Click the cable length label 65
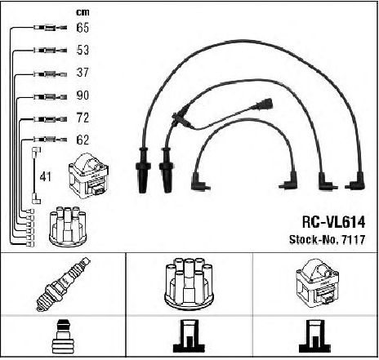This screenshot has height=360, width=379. [82, 28]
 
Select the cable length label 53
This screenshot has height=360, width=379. [82, 50]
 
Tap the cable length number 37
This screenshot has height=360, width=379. [82, 73]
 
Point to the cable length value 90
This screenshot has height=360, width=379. [82, 96]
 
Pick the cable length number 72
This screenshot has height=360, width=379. [82, 118]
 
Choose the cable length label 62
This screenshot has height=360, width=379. [82, 140]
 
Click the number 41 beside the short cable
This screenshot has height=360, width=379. [45, 177]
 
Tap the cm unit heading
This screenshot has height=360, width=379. [82, 12]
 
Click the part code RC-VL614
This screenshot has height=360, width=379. [333, 222]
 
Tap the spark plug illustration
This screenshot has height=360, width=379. [64, 284]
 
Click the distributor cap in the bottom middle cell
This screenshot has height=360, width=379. [189, 283]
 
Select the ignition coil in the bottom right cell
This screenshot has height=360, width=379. [318, 283]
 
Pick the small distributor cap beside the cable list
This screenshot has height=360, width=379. [68, 226]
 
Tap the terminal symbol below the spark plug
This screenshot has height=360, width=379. [62, 336]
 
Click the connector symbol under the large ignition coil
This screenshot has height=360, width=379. [315, 336]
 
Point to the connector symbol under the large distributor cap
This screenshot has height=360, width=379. [189, 336]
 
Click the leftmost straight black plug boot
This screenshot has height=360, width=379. [143, 171]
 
